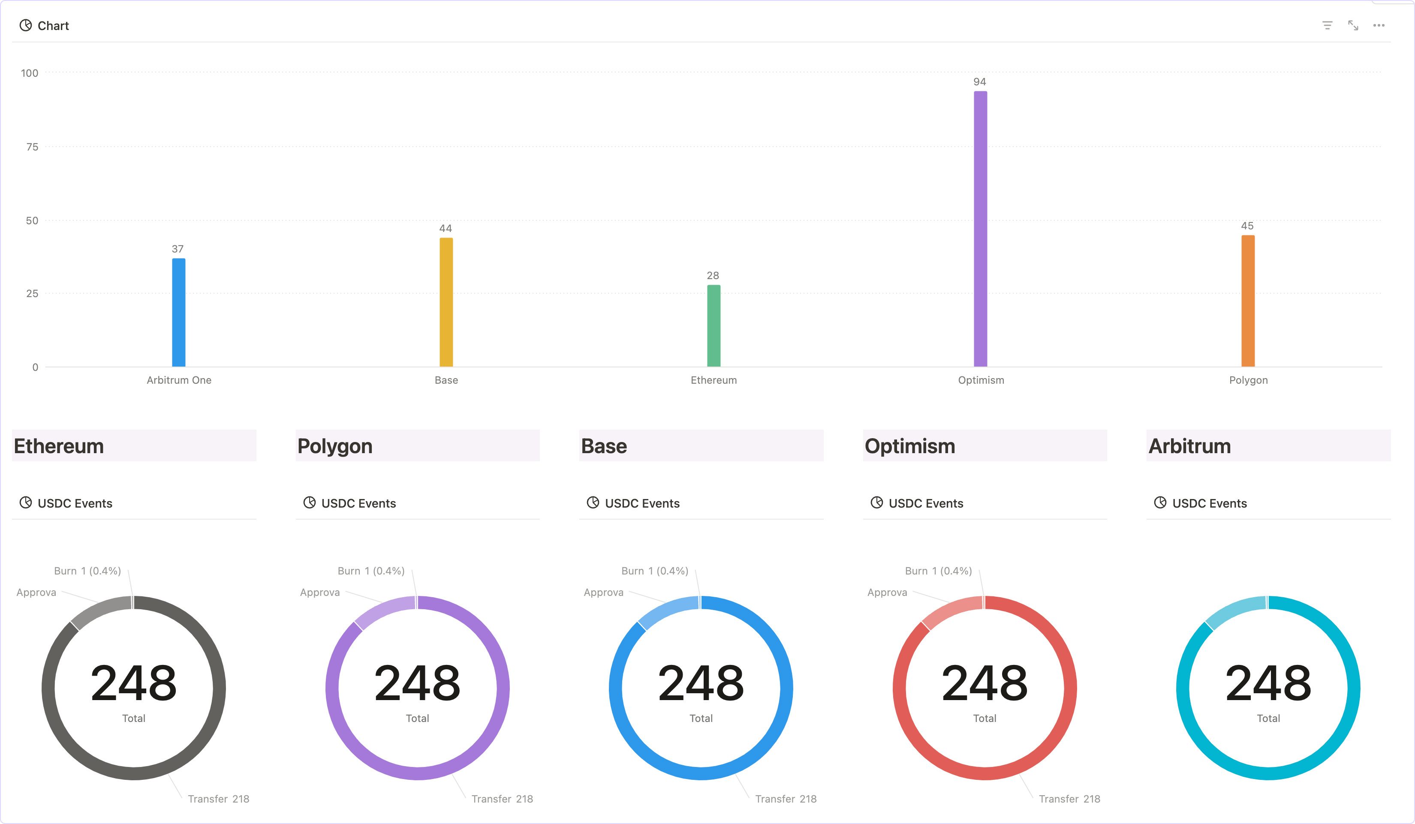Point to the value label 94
coord(979,82)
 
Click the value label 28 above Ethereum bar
coord(713,276)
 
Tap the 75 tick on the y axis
coord(32,147)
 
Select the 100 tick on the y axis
coord(30,73)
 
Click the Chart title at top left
coord(53,26)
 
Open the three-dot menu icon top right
coord(1379,25)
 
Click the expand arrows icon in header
coord(1353,25)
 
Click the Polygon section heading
coord(334,446)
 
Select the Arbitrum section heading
coord(1189,446)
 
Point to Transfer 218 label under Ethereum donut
coord(218,799)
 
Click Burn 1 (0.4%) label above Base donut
coord(654,571)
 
